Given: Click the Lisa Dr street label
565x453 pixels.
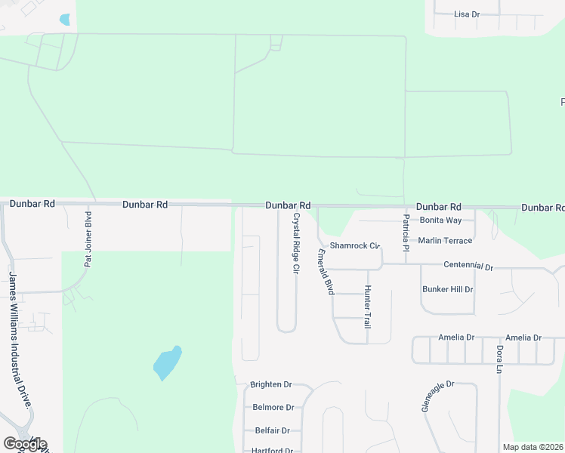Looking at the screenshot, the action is (467, 14).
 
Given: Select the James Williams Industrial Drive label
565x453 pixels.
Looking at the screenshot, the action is (20, 339).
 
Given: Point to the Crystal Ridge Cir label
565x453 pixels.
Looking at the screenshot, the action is (296, 242).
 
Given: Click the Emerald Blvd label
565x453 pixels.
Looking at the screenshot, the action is (326, 272).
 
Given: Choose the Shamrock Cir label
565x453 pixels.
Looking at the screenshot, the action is (354, 246).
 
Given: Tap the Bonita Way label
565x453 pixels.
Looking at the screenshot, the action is (440, 220).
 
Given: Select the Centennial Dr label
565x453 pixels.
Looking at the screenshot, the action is (468, 267).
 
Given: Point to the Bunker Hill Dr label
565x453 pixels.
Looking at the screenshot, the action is (447, 289).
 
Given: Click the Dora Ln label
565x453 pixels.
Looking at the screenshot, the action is (499, 359).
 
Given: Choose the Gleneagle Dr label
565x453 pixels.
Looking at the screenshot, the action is (437, 396).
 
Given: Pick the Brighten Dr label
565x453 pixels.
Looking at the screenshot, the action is (270, 384).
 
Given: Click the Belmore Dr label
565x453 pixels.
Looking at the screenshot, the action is (273, 407).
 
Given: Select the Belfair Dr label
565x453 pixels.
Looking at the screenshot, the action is (272, 430).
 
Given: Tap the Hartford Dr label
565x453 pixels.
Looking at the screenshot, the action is (273, 450).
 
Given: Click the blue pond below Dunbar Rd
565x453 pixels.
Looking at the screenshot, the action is (167, 363).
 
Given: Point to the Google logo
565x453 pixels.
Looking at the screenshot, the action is (25, 444).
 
